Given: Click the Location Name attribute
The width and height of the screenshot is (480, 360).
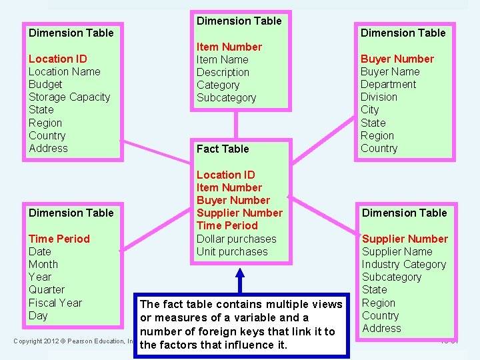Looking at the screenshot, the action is click(64, 71).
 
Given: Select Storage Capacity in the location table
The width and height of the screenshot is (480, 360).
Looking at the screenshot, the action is click(69, 97).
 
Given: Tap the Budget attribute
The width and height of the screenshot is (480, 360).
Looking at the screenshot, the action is click(45, 84).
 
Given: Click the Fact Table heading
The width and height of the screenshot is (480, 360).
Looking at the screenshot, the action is click(222, 149).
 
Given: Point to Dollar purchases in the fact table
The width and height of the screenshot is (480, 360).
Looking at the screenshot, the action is click(236, 239).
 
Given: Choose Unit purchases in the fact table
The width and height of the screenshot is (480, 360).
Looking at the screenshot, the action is click(231, 251).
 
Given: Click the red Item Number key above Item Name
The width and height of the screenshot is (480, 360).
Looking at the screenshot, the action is click(229, 47).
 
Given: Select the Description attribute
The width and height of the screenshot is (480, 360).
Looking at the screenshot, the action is click(223, 72).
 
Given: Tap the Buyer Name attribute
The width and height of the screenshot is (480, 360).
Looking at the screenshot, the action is click(390, 71).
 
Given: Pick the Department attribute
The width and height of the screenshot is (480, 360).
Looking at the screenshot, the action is click(388, 84).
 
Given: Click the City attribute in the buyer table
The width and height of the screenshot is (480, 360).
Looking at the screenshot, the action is click(369, 109).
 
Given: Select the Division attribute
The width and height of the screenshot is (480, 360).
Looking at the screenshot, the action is click(379, 97).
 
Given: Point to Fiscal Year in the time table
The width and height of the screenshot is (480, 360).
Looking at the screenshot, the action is click(55, 303).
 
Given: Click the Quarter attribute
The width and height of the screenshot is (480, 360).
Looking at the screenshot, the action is click(47, 289).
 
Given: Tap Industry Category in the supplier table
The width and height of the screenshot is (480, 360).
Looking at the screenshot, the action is click(403, 264).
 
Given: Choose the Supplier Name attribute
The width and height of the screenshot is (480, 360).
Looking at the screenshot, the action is click(397, 251).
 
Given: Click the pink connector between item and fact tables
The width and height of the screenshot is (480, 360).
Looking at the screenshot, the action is click(236, 125).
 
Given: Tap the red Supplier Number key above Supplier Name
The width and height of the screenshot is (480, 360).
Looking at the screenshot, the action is click(405, 239).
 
